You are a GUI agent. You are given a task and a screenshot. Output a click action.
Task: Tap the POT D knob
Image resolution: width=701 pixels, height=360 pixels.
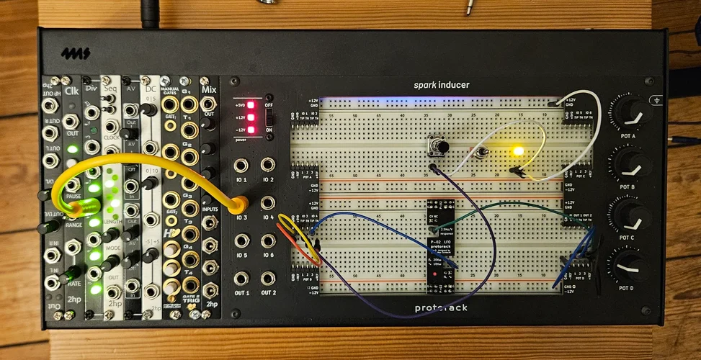point(629,265)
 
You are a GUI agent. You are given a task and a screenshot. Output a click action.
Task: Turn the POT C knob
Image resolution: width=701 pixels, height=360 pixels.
point(629,214)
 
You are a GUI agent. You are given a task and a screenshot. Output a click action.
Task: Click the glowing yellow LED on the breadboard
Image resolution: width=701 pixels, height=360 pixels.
point(517,151)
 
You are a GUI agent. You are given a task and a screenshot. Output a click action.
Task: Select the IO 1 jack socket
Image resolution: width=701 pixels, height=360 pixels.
point(241,166)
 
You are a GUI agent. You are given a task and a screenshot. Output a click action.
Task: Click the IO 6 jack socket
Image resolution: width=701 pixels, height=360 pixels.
point(268,240)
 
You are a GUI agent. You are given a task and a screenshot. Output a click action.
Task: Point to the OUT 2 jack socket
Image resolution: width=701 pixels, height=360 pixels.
point(268,278)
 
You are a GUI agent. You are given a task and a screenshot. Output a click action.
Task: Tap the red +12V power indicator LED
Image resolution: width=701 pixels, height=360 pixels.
point(251,116)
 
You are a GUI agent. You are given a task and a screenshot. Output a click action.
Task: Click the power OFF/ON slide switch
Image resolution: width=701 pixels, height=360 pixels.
point(269,114)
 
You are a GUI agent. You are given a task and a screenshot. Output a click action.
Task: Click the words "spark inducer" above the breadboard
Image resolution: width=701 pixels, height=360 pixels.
point(441,85)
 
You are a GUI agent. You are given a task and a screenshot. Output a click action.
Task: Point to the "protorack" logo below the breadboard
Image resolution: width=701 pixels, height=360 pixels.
point(441,308)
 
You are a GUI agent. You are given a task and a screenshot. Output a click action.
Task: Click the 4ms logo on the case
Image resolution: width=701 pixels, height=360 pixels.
point(71,53)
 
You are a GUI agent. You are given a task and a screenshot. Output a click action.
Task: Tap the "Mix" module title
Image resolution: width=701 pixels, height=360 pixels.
point(209,90)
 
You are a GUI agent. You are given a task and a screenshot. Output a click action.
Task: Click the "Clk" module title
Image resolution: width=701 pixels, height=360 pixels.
point(72,91)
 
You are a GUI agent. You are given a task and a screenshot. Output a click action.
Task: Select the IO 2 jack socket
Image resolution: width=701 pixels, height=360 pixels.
point(268,166)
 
